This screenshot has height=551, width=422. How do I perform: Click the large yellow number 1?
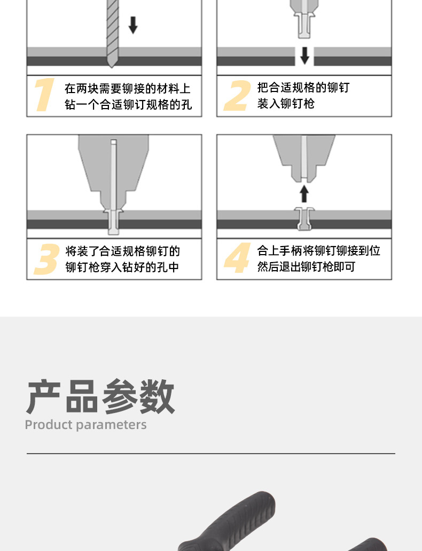(x=45, y=95)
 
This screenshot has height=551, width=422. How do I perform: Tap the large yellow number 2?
(x=238, y=95)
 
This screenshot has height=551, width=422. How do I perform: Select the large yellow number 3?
(x=46, y=259)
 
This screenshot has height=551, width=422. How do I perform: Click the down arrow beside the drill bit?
(x=133, y=25)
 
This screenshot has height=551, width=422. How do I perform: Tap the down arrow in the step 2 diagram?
(x=305, y=56)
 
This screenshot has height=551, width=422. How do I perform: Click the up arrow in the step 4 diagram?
(x=304, y=194)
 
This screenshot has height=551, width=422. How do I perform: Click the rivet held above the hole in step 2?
(x=304, y=25)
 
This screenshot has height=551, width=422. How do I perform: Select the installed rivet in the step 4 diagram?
(x=304, y=219)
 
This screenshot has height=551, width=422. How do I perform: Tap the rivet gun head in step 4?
(x=304, y=158)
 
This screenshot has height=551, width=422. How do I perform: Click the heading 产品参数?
(x=100, y=397)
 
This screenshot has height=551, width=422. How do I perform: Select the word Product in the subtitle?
(x=49, y=425)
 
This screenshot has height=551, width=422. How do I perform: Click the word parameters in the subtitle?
(x=111, y=425)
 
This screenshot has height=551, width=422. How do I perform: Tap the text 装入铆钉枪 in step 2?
(x=286, y=104)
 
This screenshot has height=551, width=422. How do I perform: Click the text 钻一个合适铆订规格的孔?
(x=128, y=104)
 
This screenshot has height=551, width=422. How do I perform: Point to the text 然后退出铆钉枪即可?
(x=306, y=267)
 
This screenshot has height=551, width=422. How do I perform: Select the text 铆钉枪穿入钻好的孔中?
(x=122, y=267)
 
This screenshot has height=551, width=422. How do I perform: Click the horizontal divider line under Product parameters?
(x=211, y=453)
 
